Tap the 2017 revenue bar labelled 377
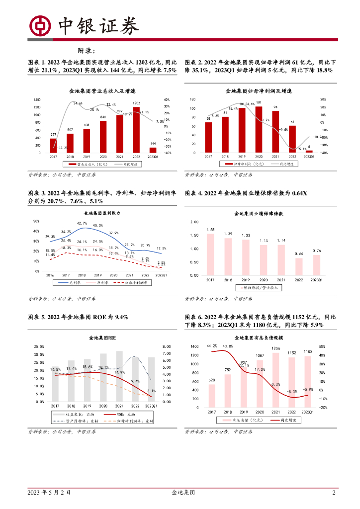pos(53,145)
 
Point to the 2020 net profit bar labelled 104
pos(259,130)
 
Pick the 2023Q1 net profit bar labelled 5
pos(309,152)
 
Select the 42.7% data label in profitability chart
pos(82,223)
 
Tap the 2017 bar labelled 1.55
pos(210,254)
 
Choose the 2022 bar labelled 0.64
pos(299,266)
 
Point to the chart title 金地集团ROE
pos(102,338)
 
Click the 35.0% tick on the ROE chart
pos(39,346)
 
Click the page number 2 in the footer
pos(334,493)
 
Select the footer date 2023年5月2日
pos(49,493)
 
